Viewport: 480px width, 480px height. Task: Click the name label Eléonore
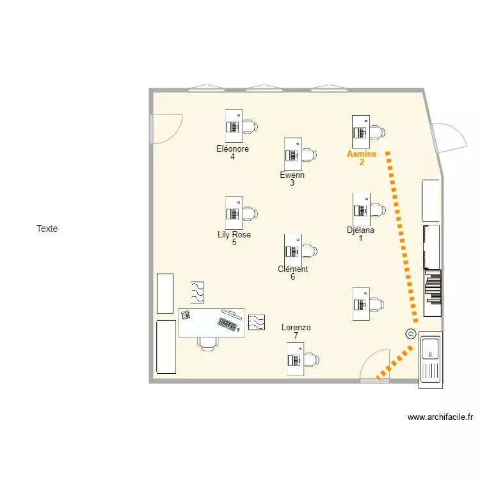(232, 149)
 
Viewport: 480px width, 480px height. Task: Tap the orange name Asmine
(362, 154)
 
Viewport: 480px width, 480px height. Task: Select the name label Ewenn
(292, 175)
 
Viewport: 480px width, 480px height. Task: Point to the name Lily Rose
(234, 235)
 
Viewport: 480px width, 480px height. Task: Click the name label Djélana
(360, 230)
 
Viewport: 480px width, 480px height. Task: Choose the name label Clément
(292, 269)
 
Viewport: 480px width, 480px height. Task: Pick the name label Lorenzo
(296, 328)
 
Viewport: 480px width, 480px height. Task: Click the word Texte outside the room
(47, 228)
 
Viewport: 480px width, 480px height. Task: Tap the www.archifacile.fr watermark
(440, 417)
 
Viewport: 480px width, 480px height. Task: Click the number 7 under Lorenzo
(296, 336)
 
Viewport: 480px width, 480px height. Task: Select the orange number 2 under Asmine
(362, 163)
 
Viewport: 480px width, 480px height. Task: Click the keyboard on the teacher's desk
(227, 324)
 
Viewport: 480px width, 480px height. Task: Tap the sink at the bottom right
(430, 349)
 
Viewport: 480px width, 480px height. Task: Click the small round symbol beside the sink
(410, 333)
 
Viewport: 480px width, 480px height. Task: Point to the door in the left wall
(165, 129)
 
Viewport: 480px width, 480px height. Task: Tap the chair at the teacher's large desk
(207, 344)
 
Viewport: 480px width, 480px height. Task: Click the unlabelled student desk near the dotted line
(362, 303)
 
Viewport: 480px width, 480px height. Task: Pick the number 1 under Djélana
(360, 239)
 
